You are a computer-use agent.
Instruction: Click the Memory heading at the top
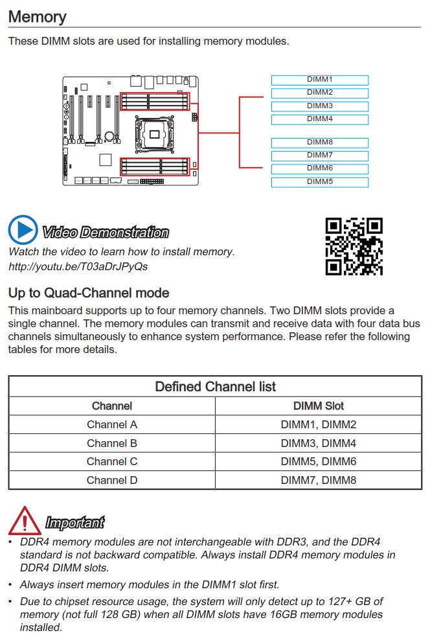37,17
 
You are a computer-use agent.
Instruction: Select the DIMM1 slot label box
319,80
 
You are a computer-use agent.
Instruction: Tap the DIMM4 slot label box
319,119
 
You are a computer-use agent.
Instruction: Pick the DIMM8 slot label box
319,143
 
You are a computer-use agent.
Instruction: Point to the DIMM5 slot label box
319,182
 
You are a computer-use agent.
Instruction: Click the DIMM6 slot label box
319,168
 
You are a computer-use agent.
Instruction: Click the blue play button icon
23,230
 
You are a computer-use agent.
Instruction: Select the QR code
354,246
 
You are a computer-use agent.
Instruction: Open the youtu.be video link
78,266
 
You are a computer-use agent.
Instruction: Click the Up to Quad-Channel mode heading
89,293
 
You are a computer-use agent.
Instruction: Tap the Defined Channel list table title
215,387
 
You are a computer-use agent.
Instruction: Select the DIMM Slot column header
318,406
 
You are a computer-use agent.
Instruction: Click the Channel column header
111,406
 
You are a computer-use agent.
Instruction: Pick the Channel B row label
111,443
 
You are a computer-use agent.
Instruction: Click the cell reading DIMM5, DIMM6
318,462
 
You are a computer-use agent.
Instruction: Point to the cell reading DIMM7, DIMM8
318,480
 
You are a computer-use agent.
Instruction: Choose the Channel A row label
111,425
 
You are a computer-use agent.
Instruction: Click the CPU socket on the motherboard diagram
155,134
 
